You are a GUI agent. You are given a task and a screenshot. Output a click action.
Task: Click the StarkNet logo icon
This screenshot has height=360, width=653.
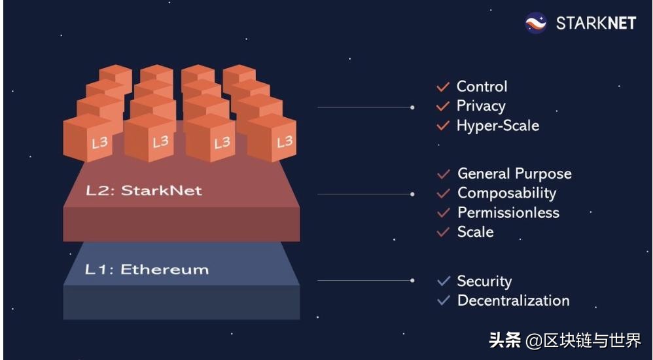click(x=536, y=23)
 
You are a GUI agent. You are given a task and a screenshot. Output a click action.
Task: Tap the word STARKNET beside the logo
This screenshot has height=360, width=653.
click(x=596, y=24)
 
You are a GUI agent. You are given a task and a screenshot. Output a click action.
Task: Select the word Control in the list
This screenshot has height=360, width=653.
click(x=482, y=86)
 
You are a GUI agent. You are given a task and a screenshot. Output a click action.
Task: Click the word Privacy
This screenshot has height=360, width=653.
click(x=481, y=106)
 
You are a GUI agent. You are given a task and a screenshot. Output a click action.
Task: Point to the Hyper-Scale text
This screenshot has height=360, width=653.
click(x=498, y=126)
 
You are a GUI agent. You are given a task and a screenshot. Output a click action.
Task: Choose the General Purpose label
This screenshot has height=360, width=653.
click(x=515, y=173)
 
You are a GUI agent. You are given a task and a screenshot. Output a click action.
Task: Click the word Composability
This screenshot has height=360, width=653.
click(x=507, y=193)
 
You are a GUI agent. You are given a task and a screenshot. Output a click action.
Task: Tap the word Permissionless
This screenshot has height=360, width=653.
click(x=508, y=213)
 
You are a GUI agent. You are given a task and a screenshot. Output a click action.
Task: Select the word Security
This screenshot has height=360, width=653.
click(x=484, y=281)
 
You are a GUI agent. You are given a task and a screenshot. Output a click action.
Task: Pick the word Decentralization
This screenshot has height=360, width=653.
click(x=513, y=300)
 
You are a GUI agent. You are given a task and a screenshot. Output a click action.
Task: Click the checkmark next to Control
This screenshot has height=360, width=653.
click(x=443, y=86)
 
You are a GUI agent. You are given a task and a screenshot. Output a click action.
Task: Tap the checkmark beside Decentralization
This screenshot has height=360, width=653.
click(x=444, y=300)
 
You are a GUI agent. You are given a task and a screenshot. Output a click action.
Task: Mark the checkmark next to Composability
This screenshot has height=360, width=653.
click(x=444, y=193)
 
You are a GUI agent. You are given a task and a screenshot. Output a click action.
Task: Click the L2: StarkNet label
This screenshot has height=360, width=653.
click(x=144, y=191)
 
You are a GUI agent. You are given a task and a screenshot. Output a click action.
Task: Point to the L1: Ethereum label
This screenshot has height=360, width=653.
click(x=147, y=270)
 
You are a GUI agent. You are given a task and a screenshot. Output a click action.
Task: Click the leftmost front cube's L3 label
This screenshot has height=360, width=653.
click(x=100, y=143)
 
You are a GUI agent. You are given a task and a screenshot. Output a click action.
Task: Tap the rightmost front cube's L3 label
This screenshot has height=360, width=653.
click(x=285, y=142)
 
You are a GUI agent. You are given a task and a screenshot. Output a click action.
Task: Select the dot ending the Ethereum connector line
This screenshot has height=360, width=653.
click(x=412, y=280)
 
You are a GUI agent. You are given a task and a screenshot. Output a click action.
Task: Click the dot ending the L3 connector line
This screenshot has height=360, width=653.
click(x=412, y=107)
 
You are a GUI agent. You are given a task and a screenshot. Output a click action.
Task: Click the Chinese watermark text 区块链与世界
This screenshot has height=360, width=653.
click(x=591, y=340)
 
